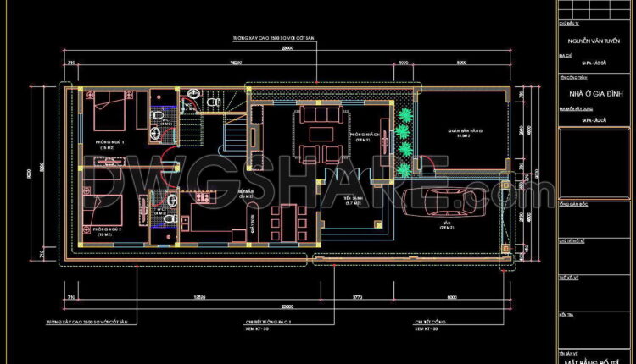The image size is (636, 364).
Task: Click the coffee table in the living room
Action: (320, 134)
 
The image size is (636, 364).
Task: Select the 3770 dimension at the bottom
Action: (357, 296)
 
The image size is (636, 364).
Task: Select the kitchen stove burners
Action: (203, 197)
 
